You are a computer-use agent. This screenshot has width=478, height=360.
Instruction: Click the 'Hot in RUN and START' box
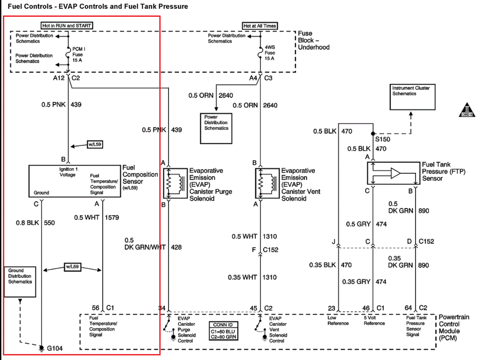click(67, 26)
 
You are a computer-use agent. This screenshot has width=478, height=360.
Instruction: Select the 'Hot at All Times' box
click(260, 26)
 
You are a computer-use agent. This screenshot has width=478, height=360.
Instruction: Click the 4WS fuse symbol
click(260, 52)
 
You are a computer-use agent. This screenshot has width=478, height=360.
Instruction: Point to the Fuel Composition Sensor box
click(75, 181)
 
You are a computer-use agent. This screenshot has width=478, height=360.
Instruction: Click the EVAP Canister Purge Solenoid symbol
click(176, 183)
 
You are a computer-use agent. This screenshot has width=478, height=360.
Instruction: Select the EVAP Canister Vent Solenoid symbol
click(267, 183)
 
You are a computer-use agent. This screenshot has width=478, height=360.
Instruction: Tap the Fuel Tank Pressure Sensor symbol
click(394, 173)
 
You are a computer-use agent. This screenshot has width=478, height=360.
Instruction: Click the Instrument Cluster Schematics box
click(413, 97)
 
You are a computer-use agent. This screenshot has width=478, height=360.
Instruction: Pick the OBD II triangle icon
click(467, 110)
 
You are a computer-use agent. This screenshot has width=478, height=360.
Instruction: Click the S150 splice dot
click(373, 134)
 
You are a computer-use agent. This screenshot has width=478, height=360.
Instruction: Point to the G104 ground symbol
click(42, 348)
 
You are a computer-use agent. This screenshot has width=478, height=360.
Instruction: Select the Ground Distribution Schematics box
click(20, 282)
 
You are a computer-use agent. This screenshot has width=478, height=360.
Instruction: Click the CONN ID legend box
click(223, 331)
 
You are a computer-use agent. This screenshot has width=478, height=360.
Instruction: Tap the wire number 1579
click(112, 218)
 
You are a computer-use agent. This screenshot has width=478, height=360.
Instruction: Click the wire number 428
click(176, 247)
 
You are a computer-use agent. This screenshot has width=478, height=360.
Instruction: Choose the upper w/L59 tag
click(95, 144)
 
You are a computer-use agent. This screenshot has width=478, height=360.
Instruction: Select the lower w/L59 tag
click(72, 267)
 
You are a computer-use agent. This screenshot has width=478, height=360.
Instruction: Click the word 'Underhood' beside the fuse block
click(314, 47)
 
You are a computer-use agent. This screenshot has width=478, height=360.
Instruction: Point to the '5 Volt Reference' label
click(374, 320)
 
